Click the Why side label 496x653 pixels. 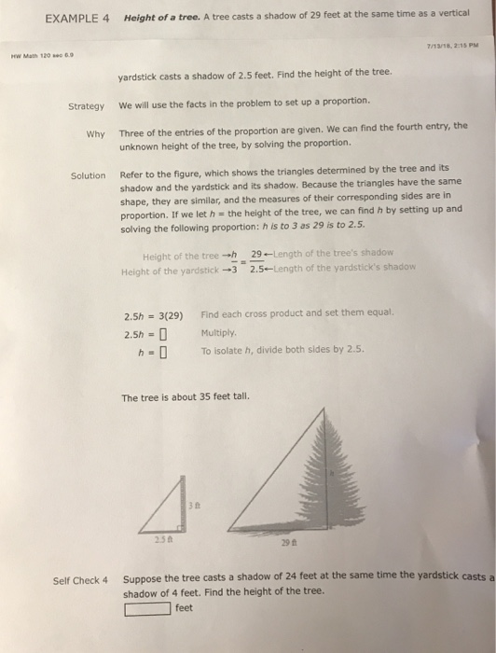tap(95, 133)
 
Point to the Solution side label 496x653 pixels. tap(89, 176)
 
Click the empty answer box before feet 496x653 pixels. tap(148, 609)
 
